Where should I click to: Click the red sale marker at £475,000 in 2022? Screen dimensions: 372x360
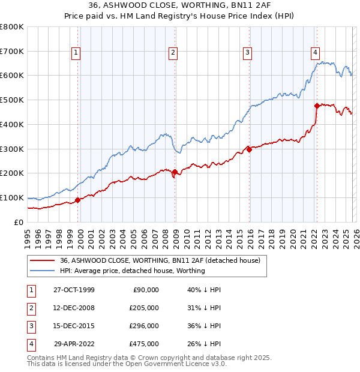[317, 106]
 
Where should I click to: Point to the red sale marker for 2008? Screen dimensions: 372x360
[175, 172]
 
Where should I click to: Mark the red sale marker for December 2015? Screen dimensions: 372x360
[249, 150]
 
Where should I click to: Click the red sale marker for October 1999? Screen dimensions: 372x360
[78, 200]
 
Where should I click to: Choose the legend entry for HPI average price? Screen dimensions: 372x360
[133, 271]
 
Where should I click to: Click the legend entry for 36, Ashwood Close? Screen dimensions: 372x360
[160, 261]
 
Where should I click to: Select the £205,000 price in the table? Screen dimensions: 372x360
[145, 308]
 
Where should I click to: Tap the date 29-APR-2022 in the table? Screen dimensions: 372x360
[74, 344]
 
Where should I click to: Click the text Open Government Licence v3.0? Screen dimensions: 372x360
[176, 364]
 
